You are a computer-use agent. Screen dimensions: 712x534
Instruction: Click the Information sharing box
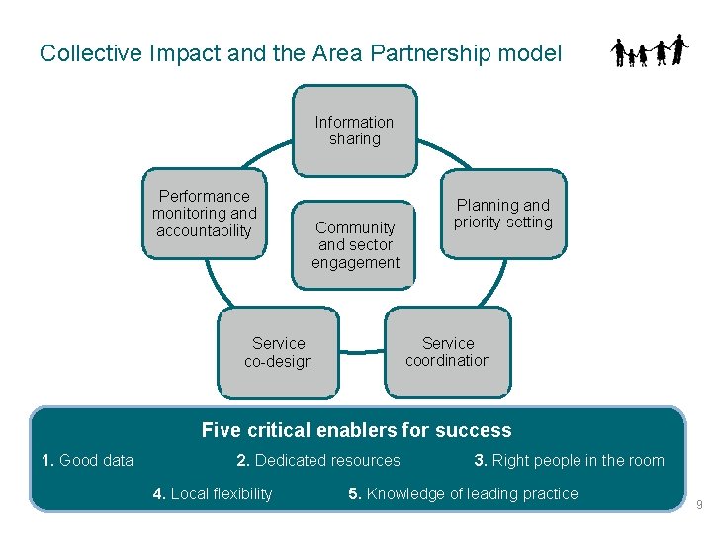(x=355, y=131)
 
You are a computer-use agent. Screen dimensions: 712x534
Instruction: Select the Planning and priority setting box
(x=503, y=214)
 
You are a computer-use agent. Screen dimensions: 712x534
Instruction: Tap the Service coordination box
(x=448, y=352)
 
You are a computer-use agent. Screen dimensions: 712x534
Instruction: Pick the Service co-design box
(x=278, y=353)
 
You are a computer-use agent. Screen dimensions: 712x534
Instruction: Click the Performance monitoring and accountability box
(x=205, y=214)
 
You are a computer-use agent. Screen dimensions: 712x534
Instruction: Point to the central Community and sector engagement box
(x=354, y=245)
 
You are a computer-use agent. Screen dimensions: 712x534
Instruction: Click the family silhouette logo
(x=650, y=50)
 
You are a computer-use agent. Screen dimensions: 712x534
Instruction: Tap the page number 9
(x=699, y=504)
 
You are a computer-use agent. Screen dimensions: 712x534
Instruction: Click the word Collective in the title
(x=91, y=53)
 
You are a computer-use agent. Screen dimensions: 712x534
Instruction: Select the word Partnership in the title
(x=431, y=53)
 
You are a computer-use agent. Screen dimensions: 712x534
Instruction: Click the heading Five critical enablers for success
(x=356, y=430)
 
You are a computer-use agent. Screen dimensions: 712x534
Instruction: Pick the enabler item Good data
(x=88, y=460)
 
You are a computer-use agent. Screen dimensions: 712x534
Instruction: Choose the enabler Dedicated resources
(x=318, y=460)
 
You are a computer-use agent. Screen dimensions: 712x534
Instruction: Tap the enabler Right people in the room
(x=569, y=460)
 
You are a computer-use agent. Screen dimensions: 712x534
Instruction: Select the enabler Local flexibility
(x=213, y=493)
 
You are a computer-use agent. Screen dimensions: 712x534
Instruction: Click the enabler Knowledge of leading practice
(x=463, y=493)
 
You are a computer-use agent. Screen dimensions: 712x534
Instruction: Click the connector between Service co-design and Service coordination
(x=362, y=351)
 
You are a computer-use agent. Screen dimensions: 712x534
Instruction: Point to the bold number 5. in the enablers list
(x=355, y=493)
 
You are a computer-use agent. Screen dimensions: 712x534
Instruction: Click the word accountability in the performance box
(x=204, y=230)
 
